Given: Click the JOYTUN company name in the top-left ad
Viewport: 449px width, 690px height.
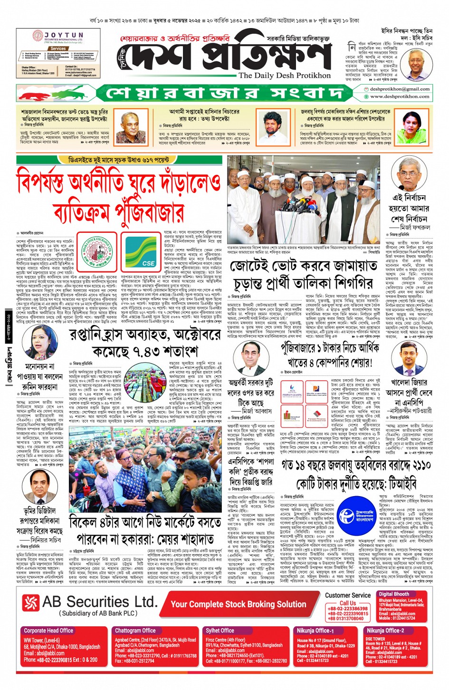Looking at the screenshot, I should tap(64, 36).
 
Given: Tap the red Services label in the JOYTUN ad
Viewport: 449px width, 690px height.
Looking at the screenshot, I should tap(58, 48).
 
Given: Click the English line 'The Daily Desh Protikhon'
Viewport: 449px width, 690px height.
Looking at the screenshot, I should tap(285, 76).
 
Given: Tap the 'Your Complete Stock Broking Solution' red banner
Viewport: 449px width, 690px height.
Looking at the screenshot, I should tap(238, 604).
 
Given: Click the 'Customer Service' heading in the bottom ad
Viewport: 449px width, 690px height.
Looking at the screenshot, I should tap(348, 595).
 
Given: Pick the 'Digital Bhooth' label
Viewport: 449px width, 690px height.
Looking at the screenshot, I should tap(394, 594).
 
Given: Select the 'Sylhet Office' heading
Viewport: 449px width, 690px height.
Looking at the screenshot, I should tap(220, 631).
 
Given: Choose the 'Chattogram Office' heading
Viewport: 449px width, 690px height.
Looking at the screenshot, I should tap(135, 631).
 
